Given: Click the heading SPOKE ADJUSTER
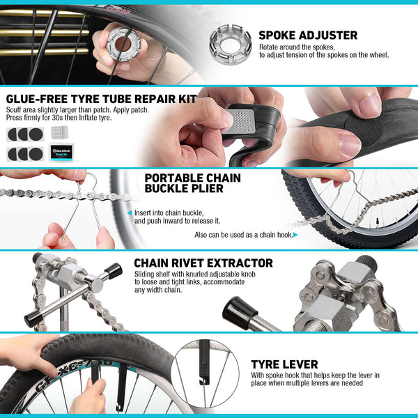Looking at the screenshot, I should (307, 36).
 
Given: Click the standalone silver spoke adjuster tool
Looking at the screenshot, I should (231, 42).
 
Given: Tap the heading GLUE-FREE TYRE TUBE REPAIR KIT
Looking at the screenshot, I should (101, 99).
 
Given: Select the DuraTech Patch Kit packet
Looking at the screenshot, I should (62, 152).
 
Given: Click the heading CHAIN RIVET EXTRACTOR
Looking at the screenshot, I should (203, 263).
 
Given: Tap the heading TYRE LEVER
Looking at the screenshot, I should (285, 364).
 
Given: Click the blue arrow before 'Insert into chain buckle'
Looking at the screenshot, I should (129, 212).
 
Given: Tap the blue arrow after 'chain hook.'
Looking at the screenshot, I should (296, 235).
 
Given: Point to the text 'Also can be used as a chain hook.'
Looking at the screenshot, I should (243, 235).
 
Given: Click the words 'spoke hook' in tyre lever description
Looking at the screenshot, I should (279, 376).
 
